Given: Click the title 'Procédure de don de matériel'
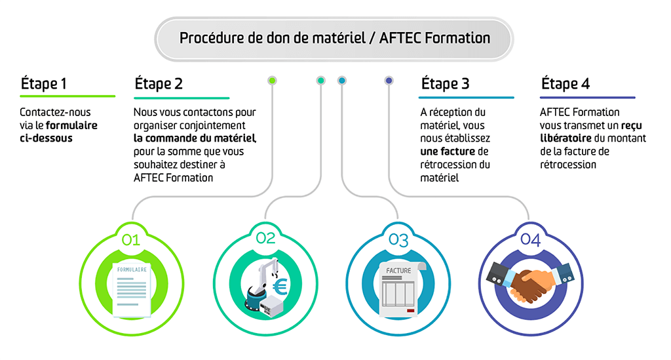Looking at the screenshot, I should [334, 38].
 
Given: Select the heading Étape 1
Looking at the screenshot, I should [44, 84].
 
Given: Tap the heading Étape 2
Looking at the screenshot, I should [159, 84].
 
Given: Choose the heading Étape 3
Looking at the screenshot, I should [445, 84].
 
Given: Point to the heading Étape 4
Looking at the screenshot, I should [565, 84].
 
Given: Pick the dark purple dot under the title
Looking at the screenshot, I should [389, 81].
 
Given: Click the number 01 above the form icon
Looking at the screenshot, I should [131, 240].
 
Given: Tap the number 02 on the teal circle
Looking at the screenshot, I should [265, 238].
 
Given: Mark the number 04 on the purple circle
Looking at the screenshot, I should [530, 240].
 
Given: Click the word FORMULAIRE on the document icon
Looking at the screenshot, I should [132, 270].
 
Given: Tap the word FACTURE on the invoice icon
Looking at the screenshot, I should [398, 270].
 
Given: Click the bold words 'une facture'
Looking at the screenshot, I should [446, 151].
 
